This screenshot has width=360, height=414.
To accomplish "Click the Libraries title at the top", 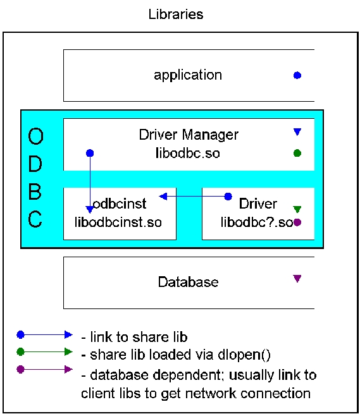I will pos(176,14).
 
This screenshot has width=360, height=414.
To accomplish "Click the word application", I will pos(188,75).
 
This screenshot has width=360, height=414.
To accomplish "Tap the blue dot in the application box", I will pos(297,75).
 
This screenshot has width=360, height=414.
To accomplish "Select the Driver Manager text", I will pos(189,135).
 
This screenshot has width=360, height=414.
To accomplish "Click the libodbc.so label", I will pos(189,153).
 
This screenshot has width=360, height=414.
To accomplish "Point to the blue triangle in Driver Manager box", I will pos(297,132).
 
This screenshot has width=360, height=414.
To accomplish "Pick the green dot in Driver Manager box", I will pos(297,153).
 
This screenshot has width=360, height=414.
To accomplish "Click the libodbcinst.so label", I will pos(118,222).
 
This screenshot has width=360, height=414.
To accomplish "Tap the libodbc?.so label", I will pos(256,222).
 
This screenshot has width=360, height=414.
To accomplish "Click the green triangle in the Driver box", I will pos(297,209).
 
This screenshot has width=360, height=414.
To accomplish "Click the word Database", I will pos(188,282).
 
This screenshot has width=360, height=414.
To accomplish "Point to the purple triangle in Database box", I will pos(297,278).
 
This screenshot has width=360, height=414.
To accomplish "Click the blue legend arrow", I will pos(46,334).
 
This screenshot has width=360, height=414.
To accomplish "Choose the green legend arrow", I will pos(46,351).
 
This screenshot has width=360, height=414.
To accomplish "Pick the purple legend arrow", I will pos(46,369).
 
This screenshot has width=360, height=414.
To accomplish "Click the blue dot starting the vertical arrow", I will pos(90,153).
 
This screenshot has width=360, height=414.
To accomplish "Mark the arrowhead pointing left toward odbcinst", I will pos(163,197).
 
